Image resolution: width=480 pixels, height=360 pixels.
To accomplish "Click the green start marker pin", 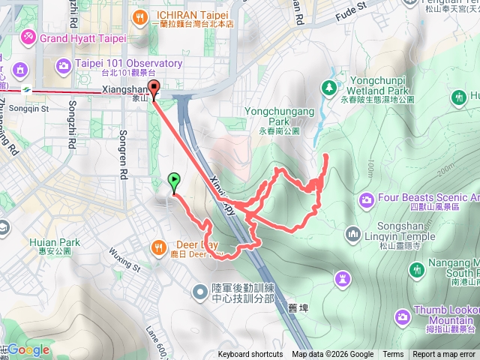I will coord(174,181).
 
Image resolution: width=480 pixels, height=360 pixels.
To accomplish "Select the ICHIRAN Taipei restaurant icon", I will coord(139,16).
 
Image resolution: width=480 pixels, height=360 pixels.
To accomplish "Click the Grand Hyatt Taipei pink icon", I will coord(28,36).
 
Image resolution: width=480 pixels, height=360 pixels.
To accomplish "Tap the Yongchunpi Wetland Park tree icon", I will coord(328,88).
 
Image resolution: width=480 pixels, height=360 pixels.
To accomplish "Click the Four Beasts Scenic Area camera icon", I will coord(367,199).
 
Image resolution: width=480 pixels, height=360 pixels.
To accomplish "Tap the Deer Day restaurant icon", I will coord(159,245).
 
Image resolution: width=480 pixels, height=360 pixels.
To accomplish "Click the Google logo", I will coord(28,349).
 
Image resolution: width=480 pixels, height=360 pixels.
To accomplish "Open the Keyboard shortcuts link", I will coord(250,355).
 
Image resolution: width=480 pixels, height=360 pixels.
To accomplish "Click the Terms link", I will coord(393,355).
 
